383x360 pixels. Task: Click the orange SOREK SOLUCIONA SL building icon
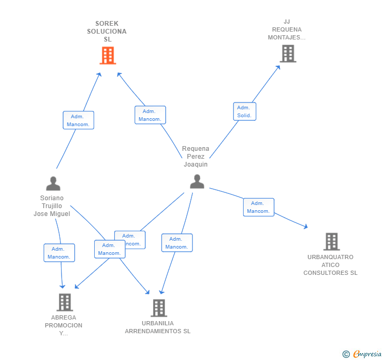coord(107,55)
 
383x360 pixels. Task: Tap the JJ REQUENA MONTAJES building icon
coord(287,54)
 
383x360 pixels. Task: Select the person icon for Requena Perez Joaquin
coord(197,181)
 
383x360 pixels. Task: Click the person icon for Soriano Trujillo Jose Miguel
coord(53,183)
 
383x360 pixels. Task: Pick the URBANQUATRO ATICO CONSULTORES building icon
coord(331,242)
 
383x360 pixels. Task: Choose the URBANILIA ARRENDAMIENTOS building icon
coord(158,308)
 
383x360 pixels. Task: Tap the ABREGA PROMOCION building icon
coord(64,302)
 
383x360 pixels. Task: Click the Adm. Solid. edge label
coord(244,111)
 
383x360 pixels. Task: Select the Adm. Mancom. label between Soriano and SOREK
coord(78,120)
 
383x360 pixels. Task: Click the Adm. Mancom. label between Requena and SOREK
coord(150,115)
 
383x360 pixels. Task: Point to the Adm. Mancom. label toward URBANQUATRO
coord(258,207)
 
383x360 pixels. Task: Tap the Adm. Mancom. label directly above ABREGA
coord(59,253)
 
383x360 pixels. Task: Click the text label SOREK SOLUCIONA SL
coord(107,32)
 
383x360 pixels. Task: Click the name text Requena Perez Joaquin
coord(196,157)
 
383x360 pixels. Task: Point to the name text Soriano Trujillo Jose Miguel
coord(52,206)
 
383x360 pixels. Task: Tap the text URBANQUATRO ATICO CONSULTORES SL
coord(330,265)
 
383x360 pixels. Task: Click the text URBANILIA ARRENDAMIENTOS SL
coord(157,327)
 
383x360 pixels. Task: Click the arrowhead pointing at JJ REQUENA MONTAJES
coord(279,67)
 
